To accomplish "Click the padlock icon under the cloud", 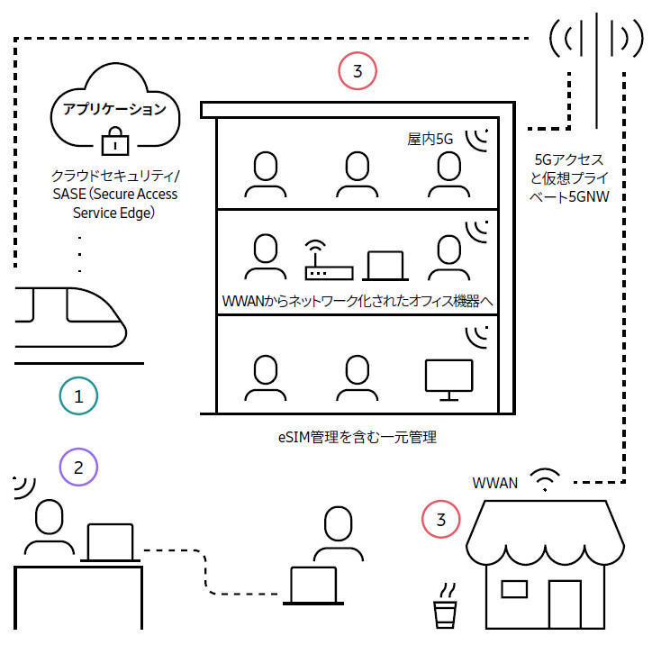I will [113, 141].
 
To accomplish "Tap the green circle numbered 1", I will [78, 395].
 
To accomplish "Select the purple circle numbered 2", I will [78, 467].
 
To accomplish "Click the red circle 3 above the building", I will [358, 71].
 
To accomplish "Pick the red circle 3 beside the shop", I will [440, 520].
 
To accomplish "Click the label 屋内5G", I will [429, 140].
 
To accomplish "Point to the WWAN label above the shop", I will [495, 482].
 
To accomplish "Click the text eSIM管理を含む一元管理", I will [357, 439].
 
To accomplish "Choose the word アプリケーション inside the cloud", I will [113, 110].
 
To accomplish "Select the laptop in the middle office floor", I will [385, 267].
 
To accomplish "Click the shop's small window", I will [513, 589].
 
